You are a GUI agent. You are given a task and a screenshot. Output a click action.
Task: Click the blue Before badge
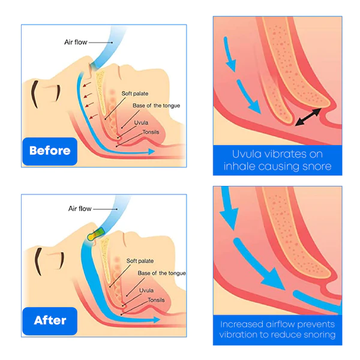(x=50, y=150)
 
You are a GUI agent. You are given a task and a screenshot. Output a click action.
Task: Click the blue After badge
(x=50, y=320)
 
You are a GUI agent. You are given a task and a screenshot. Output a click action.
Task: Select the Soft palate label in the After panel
(x=142, y=261)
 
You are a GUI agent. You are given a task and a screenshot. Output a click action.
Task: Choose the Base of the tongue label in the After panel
(x=161, y=273)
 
